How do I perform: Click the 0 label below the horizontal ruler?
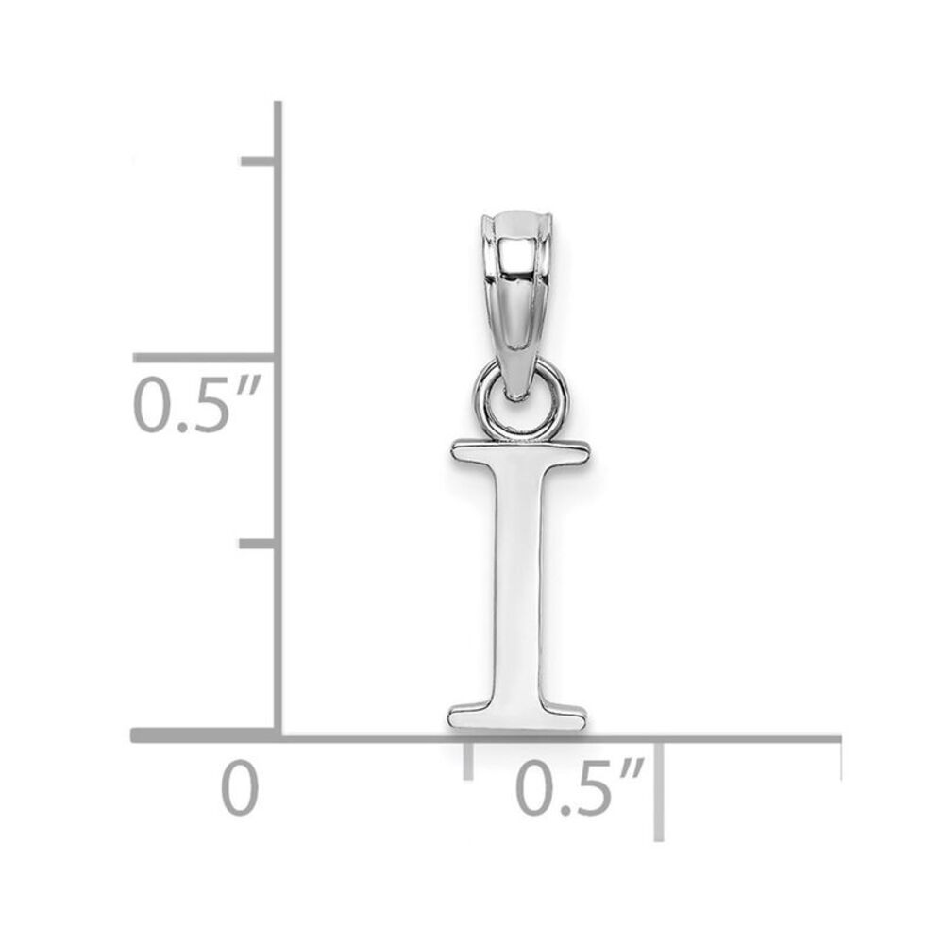click(x=240, y=789)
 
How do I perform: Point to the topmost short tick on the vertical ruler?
click(x=258, y=161)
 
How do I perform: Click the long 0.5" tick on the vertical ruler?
click(x=204, y=358)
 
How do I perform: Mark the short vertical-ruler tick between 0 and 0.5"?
click(x=258, y=544)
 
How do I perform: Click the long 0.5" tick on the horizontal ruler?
click(x=659, y=788)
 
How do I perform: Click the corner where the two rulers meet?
click(x=278, y=734)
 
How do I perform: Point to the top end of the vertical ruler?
click(x=278, y=106)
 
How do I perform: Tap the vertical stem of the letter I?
click(x=517, y=585)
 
